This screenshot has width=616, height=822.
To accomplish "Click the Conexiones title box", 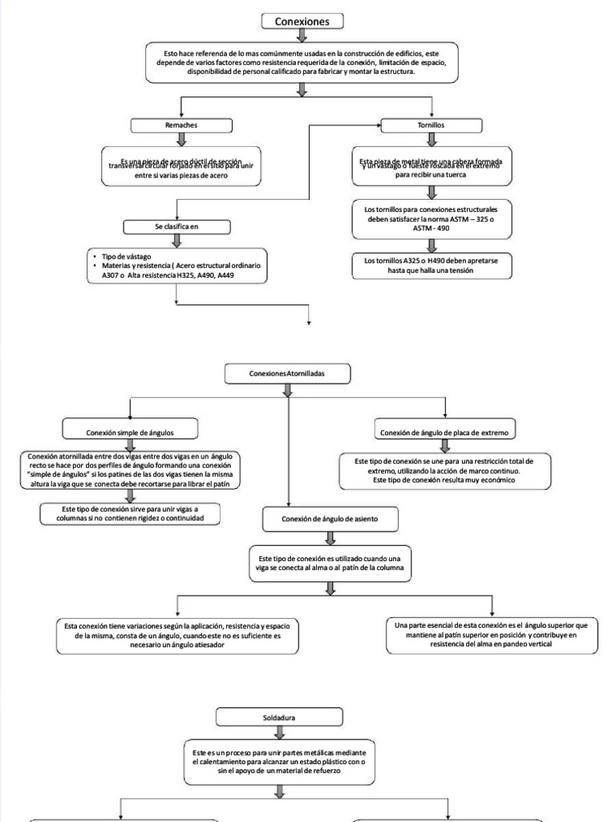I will tap(302, 22).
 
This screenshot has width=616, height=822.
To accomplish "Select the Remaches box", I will tap(181, 126).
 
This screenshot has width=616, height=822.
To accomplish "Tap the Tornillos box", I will tap(432, 126).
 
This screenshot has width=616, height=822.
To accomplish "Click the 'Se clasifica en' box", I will tap(177, 226).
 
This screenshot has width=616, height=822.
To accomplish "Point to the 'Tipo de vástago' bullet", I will tap(121, 254).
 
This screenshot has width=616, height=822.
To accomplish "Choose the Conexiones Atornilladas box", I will tap(288, 373).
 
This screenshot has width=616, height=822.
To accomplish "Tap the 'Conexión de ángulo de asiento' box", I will tap(330, 520).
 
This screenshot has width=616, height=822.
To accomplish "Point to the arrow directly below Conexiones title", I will tap(302, 35).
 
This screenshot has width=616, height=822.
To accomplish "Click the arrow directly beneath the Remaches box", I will tap(181, 140).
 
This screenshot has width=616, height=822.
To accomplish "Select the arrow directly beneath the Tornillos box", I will tap(432, 140).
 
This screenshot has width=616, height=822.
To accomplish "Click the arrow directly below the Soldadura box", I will tap(280, 730).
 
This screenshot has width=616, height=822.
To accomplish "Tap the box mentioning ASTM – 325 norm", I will tap(432, 218).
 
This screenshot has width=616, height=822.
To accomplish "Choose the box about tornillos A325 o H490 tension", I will tap(432, 266).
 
